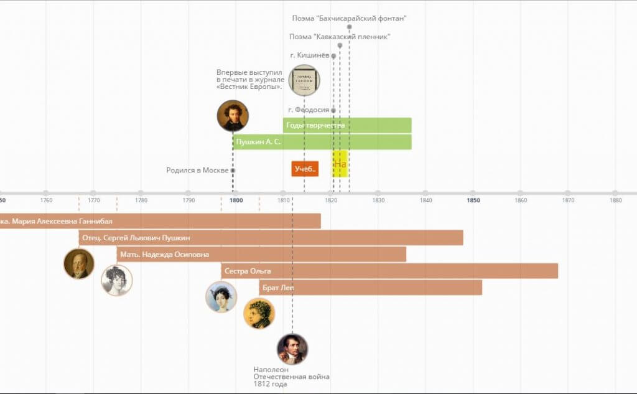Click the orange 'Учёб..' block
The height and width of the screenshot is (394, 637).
pos(305,169)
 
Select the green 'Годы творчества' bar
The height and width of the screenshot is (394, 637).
pos(347,125)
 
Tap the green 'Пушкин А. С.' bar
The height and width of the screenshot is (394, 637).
pos(322,142)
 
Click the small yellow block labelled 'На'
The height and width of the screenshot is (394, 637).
pos(340,164)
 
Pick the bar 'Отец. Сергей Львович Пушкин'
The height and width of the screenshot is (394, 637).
pos(271,237)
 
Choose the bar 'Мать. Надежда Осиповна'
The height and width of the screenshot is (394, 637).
pos(261,254)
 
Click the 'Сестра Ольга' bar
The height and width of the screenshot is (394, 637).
pos(389,271)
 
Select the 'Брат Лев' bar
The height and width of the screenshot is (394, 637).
pos(371,287)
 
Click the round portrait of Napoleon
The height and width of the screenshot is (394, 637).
pos(292,349)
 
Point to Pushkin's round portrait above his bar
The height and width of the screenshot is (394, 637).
pos(233,116)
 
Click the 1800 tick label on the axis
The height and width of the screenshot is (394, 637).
pos(236,200)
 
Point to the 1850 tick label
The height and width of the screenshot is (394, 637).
pos(473,200)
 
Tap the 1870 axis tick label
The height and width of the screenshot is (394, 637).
pos(568,200)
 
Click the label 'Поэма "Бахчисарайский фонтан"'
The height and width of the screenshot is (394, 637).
pos(349,19)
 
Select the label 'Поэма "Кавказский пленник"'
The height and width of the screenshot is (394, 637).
pos(340,37)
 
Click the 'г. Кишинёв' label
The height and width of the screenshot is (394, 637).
pos(309,55)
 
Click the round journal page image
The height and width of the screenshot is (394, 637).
pos(304,80)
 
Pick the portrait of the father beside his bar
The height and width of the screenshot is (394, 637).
pos(79,264)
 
